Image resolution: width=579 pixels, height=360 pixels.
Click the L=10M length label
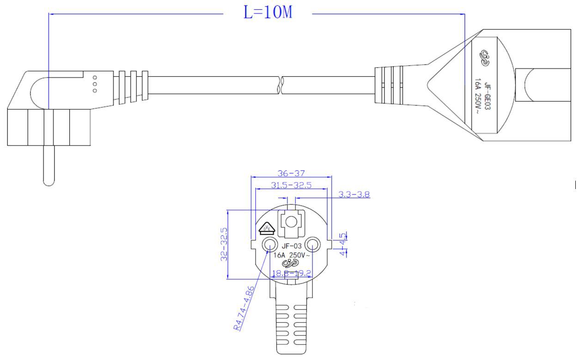click(268, 12)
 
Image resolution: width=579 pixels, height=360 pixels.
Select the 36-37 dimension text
click(291, 173)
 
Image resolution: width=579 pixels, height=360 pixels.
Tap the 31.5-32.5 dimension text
click(291, 185)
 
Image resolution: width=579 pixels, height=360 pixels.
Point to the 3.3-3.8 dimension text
click(354, 195)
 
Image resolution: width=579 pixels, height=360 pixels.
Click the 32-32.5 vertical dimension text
click(224, 244)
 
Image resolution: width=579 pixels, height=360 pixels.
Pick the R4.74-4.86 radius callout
click(244, 308)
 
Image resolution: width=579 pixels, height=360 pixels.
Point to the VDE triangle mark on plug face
click(266, 228)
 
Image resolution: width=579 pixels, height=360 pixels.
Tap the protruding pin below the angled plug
click(49, 166)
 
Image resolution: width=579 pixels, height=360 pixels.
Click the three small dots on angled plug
click(95, 84)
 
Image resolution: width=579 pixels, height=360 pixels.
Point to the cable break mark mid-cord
click(280, 85)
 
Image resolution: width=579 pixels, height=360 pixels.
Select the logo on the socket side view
click(485, 57)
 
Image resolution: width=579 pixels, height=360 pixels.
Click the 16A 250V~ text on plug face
click(291, 255)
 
